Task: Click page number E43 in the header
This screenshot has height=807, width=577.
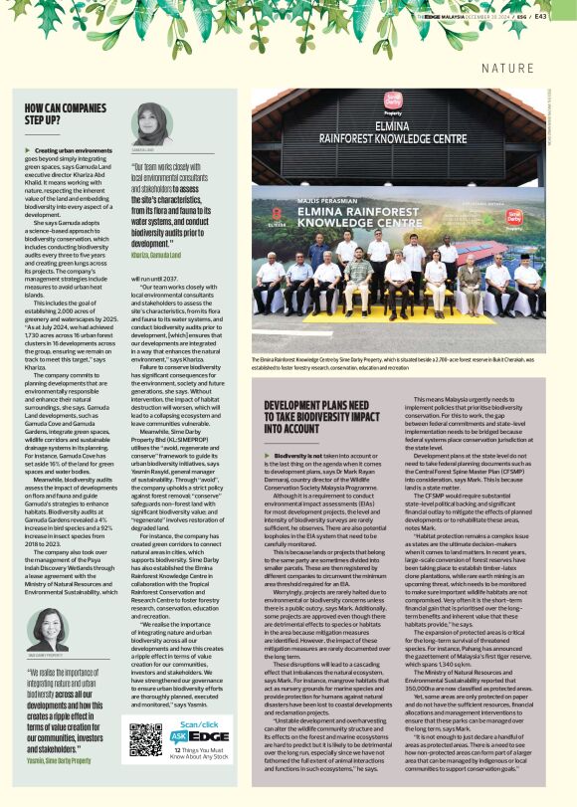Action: point(565,15)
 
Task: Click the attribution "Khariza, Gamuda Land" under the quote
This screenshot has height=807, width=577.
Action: point(162,255)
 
